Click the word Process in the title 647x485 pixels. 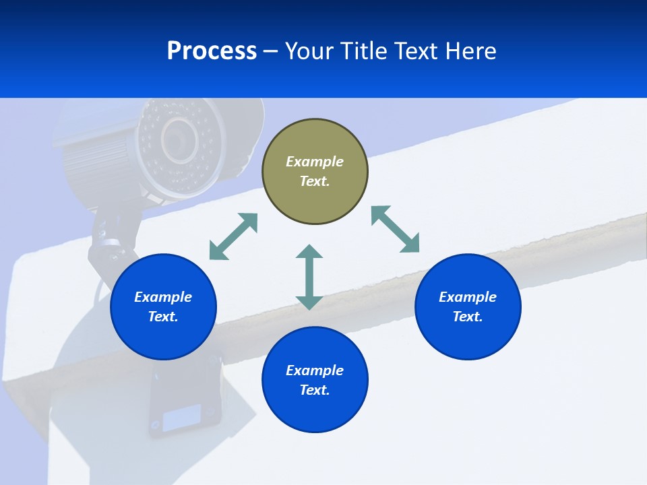(x=212, y=51)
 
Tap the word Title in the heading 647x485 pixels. (x=364, y=51)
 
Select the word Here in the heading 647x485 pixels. (x=471, y=51)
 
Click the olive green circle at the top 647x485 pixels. (x=315, y=195)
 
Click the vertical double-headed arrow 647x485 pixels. (x=309, y=277)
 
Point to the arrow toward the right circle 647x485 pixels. (x=396, y=229)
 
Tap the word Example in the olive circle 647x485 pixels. (x=315, y=162)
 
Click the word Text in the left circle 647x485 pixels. (x=162, y=317)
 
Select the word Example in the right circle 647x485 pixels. (x=468, y=297)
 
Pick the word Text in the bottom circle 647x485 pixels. (x=314, y=390)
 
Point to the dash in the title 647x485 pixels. (x=271, y=51)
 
